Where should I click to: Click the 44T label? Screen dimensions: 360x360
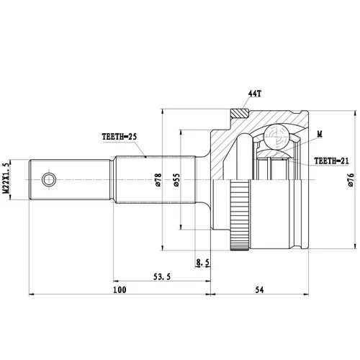254,94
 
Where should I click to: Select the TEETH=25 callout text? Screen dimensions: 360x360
120,137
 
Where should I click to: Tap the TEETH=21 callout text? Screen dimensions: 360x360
331,161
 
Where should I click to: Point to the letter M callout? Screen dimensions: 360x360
320,134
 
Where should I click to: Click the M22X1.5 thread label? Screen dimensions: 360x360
6,178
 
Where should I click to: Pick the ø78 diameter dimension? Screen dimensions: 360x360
158,180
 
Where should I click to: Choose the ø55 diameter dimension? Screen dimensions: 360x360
176,180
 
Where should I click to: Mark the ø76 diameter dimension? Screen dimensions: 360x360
351,180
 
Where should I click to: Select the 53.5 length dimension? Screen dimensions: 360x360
162,276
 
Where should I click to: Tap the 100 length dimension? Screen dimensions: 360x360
120,290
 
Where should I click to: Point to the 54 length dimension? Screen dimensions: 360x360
259,290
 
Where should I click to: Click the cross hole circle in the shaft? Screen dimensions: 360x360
49,179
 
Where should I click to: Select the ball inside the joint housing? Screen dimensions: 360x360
276,137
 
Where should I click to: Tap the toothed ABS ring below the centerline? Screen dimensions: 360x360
240,216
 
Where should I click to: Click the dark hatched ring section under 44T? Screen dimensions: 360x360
240,113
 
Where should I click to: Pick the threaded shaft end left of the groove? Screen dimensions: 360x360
70,179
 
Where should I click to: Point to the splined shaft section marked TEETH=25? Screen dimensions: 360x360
155,179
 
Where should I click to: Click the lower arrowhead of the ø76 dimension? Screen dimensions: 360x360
355,246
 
